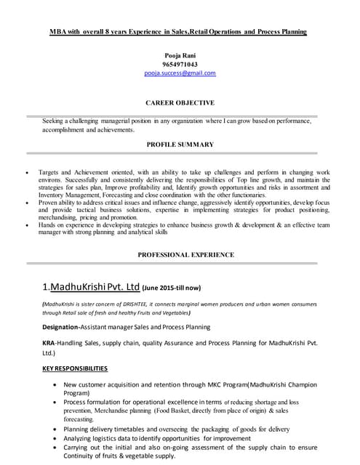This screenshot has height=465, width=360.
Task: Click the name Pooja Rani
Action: pos(180,55)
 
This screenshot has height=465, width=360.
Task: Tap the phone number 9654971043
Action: pos(180,64)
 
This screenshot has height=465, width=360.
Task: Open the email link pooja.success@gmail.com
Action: pos(180,73)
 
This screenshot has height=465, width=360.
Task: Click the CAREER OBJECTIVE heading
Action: pos(180,103)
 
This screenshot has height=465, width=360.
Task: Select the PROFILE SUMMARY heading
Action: pos(180,145)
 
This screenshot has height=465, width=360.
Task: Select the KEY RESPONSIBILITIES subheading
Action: pos(75,368)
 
